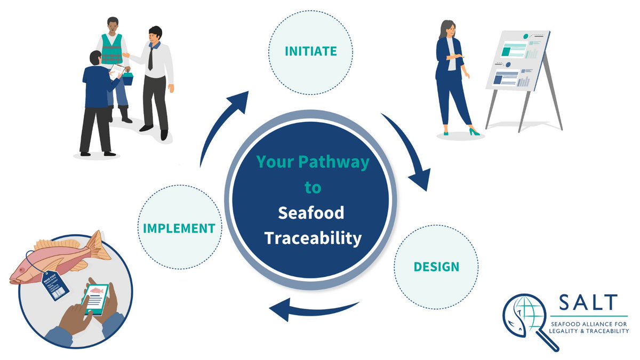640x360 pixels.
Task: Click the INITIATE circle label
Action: (x=310, y=51)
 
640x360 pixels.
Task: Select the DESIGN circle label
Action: (x=436, y=266)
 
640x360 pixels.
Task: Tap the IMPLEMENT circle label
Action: (x=179, y=228)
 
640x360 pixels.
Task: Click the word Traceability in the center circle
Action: (x=313, y=238)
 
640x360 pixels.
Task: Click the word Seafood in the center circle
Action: (x=311, y=213)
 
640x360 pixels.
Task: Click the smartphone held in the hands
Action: (x=95, y=299)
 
